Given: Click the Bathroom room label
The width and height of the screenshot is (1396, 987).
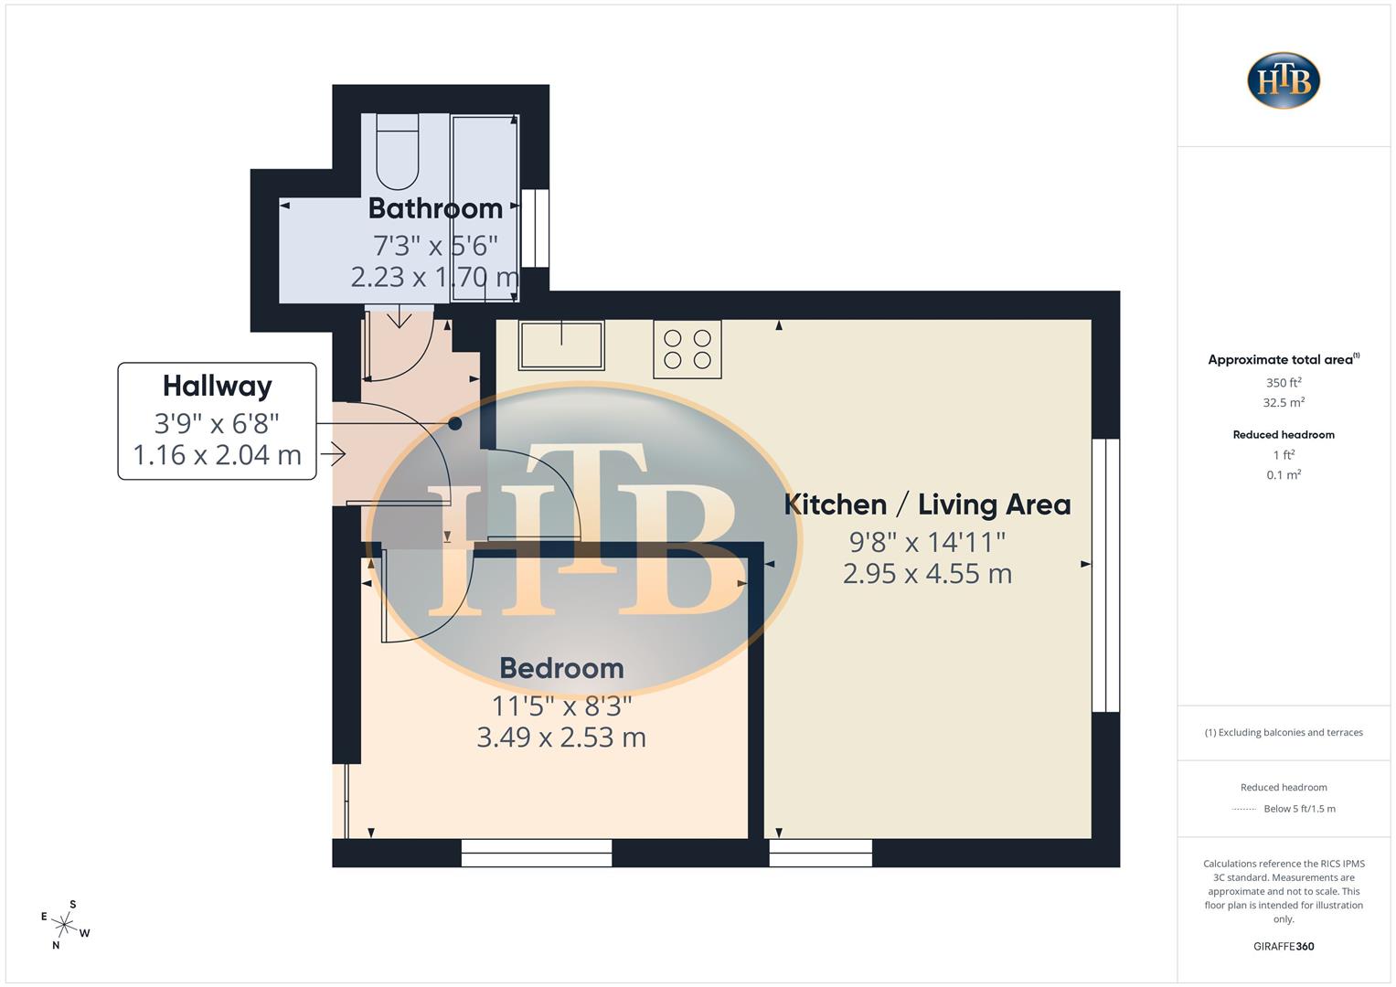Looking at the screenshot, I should [435, 208].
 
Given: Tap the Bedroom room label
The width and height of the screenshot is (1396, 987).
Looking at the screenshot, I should [561, 668].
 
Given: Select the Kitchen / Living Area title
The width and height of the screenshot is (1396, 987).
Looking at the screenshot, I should [927, 504].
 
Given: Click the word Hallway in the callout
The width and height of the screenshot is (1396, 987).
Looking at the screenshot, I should [218, 386].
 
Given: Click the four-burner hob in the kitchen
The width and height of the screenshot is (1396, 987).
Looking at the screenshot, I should [687, 349].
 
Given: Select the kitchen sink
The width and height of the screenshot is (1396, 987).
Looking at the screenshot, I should [561, 345].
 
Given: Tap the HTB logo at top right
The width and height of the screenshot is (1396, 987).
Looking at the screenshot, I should [1284, 80].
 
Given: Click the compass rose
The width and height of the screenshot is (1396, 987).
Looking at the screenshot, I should [65, 924].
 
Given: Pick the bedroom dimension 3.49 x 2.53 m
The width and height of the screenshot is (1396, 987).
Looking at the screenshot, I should [561, 738].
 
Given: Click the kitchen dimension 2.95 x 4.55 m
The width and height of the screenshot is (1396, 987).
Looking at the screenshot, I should [927, 574].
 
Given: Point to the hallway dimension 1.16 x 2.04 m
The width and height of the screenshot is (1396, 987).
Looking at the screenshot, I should [218, 454].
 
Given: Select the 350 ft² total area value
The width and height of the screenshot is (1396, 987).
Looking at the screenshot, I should [1284, 383].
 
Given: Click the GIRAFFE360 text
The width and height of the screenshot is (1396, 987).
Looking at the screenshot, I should [1284, 946].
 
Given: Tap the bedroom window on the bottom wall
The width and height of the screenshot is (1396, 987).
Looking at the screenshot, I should [537, 853].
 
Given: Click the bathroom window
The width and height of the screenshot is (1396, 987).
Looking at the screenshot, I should [535, 228].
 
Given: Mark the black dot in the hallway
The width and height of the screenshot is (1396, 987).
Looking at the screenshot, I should [455, 423].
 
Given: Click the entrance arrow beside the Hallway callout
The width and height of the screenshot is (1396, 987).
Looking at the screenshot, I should [334, 453].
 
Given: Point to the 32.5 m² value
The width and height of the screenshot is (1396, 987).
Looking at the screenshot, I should [1284, 402].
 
